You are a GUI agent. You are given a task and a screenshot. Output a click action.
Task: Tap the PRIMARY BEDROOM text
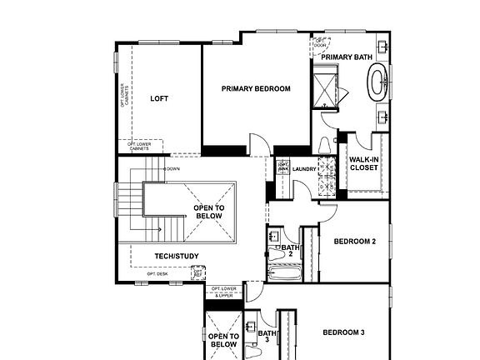(x=256, y=88)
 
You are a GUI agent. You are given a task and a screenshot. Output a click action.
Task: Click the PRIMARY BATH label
(x=347, y=57)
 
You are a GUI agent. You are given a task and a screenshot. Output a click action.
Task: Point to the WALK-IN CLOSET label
(x=363, y=163)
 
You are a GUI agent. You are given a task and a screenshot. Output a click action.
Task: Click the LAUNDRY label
(x=305, y=168)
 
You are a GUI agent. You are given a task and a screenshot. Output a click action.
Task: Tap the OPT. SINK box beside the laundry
(x=282, y=167)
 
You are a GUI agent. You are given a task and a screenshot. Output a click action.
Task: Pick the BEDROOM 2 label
(x=354, y=242)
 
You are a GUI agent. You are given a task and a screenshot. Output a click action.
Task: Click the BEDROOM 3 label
(x=343, y=332)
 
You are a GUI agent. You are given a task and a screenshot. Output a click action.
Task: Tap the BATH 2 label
(x=290, y=250)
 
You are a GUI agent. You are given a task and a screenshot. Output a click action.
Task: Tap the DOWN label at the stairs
(x=172, y=169)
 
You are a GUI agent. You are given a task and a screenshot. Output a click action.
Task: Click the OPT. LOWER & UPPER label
(x=225, y=292)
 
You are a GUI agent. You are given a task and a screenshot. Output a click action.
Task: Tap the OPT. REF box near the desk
(x=198, y=271)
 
